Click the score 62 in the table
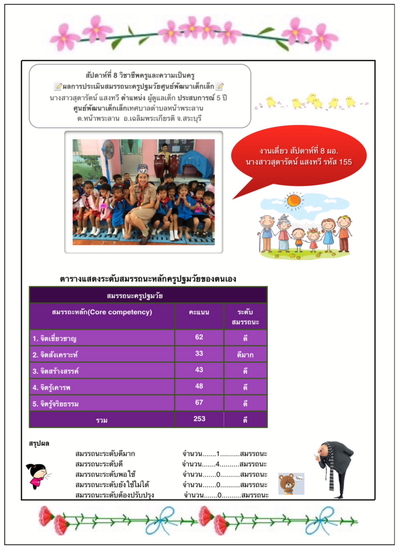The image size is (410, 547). (x=199, y=337)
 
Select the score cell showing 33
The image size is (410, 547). (x=199, y=353)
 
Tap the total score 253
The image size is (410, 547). (x=199, y=419)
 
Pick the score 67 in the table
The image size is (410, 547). (x=199, y=402)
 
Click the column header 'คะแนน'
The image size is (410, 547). (x=199, y=312)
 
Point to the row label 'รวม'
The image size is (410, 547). (x=102, y=420)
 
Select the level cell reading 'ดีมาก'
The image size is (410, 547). (x=245, y=354)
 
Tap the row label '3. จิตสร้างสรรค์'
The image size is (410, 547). (x=59, y=371)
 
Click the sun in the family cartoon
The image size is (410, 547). (x=293, y=201)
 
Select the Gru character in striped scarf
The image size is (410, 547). (x=335, y=468)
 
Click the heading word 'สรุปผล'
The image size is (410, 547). (x=39, y=443)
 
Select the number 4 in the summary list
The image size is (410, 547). (x=218, y=464)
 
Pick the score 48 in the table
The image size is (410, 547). (x=199, y=386)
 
